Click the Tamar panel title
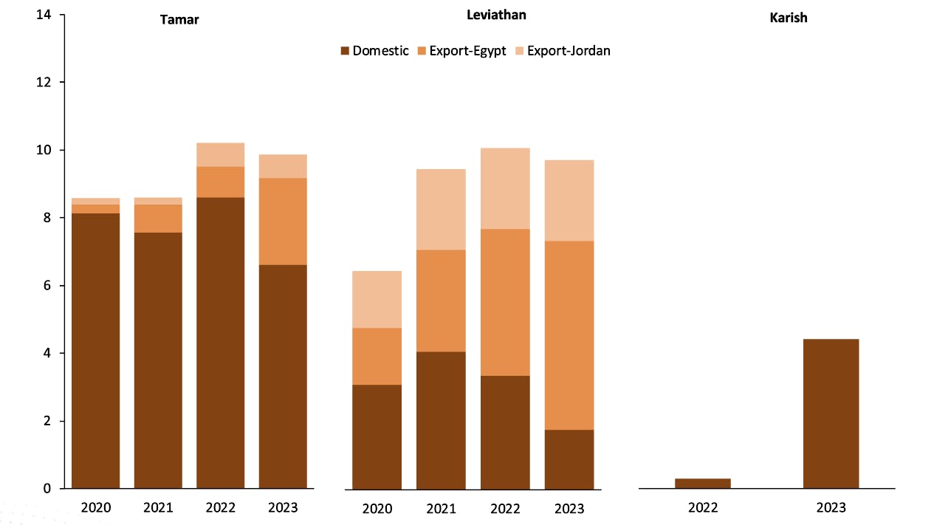(179, 20)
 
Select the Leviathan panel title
(496, 15)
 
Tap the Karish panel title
(788, 18)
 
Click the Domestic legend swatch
(345, 51)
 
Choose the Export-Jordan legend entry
(561, 51)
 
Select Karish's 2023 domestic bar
(831, 414)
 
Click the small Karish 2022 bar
(702, 484)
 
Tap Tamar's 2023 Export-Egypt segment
(283, 221)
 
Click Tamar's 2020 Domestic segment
(95, 351)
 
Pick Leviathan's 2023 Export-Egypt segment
(569, 335)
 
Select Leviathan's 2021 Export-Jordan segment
(441, 210)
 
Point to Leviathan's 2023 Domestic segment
(569, 459)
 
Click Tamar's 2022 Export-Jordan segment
(220, 154)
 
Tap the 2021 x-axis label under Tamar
(158, 508)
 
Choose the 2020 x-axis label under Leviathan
(377, 509)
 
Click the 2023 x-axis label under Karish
(831, 508)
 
